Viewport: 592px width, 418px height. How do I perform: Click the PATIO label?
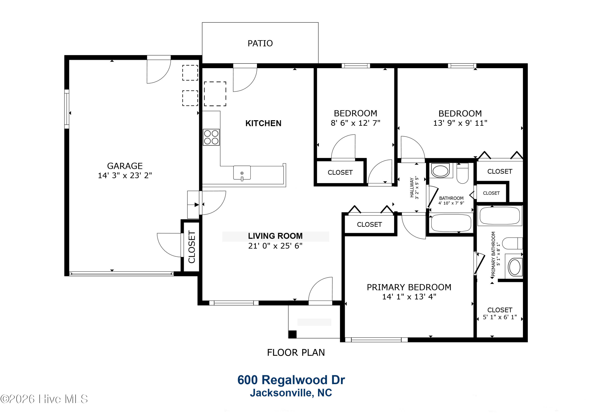point(260,43)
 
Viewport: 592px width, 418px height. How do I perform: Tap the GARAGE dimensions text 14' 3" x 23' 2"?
point(125,175)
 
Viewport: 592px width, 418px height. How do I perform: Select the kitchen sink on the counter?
point(242,173)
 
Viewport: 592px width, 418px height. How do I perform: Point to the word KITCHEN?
point(263,123)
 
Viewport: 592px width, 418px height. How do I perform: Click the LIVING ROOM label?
point(275,236)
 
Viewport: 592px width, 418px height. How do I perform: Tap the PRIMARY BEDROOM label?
point(409,287)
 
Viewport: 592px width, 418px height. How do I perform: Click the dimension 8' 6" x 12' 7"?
point(355,123)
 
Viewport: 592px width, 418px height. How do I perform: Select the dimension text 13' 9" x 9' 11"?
point(460,123)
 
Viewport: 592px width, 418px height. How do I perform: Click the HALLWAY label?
point(412,187)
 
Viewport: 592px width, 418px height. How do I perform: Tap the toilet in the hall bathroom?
point(462,173)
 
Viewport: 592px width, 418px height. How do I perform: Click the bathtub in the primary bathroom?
point(500,216)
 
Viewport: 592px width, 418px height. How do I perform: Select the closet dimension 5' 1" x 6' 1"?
point(500,317)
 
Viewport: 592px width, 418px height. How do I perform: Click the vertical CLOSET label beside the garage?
point(192,247)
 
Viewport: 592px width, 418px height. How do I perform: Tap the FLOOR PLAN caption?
point(296,353)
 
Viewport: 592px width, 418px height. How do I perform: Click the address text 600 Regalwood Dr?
point(291,380)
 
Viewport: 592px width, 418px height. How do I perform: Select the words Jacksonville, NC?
point(291,393)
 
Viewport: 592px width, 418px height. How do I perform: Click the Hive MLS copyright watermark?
point(44,399)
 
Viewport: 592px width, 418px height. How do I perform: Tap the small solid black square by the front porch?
point(292,334)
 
